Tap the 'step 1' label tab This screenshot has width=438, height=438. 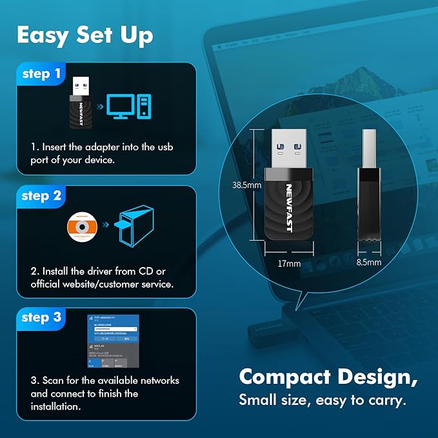point(41,74)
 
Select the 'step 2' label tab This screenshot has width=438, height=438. point(41,196)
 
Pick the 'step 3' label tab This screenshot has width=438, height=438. point(41,317)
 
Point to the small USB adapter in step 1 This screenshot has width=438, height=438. point(80,103)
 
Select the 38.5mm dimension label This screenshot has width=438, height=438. point(246,185)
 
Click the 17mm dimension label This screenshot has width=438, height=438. point(289,264)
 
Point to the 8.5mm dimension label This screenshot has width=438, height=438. point(369,263)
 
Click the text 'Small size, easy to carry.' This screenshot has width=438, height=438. point(323,400)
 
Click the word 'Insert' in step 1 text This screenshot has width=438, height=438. point(54,147)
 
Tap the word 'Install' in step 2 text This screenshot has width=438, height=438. point(55,271)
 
